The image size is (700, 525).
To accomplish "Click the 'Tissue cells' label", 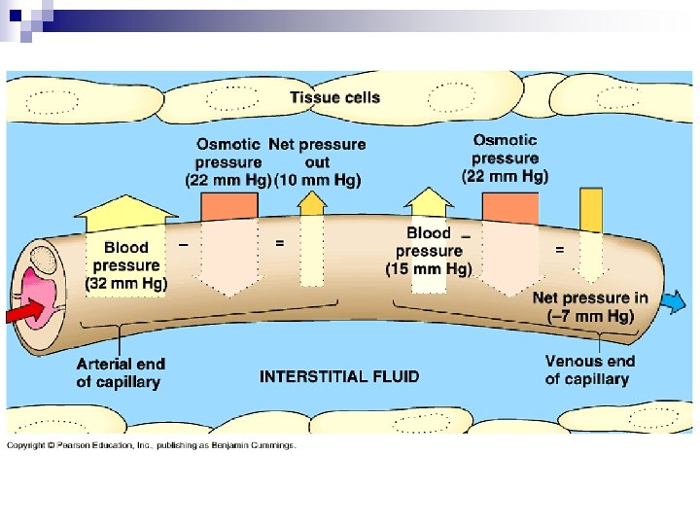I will [x=334, y=97].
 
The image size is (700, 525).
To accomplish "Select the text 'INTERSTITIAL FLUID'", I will [x=339, y=376].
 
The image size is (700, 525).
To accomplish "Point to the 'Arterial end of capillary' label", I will [x=121, y=372].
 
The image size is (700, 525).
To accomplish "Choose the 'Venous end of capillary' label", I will [x=589, y=369].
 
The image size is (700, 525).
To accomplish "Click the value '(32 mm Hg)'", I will [x=126, y=283].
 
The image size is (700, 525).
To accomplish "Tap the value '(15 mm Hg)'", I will [x=429, y=267].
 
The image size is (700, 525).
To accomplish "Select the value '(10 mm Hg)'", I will [x=318, y=180].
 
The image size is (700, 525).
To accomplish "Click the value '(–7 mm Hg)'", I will [x=590, y=316].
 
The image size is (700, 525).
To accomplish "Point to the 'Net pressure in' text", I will [x=590, y=297].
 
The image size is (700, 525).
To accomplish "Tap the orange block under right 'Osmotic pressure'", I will [x=509, y=207].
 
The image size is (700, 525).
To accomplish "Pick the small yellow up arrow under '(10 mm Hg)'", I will [x=311, y=202].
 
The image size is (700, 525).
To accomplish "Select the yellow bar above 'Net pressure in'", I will [x=590, y=209].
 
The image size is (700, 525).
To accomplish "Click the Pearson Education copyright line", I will [x=152, y=446].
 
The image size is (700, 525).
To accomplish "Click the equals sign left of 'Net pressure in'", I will [x=559, y=250].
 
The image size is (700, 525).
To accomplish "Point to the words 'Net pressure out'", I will [x=318, y=154].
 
